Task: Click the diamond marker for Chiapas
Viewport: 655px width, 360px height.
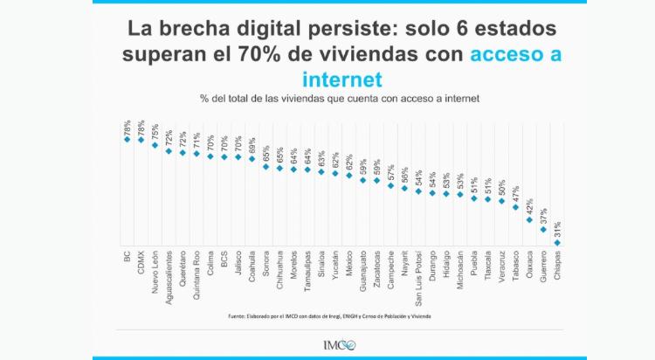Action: [556, 242]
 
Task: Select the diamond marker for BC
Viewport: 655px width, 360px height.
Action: [127, 139]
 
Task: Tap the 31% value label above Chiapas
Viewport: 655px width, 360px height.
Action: [556, 230]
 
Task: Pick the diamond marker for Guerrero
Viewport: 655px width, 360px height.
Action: [543, 231]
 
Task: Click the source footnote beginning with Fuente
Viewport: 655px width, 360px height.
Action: [329, 315]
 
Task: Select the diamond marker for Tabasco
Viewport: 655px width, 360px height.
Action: [515, 207]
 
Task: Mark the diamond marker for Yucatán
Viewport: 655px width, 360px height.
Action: [334, 173]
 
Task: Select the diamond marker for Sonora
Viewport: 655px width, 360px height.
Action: [265, 166]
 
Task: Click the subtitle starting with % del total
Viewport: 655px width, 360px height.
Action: [340, 98]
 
